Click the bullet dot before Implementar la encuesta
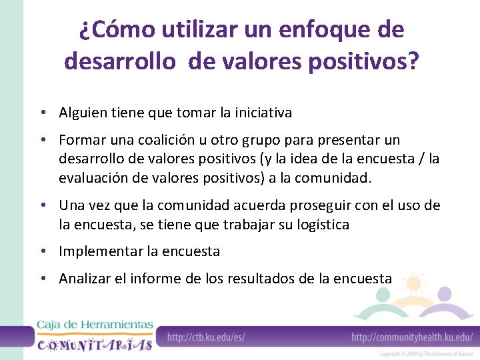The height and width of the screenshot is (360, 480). click(41, 252)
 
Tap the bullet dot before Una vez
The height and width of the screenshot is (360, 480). click(41, 205)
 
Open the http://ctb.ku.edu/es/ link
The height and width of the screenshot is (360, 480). click(206, 337)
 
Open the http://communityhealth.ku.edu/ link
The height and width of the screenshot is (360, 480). click(412, 337)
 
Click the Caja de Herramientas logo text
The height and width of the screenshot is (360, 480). click(95, 325)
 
